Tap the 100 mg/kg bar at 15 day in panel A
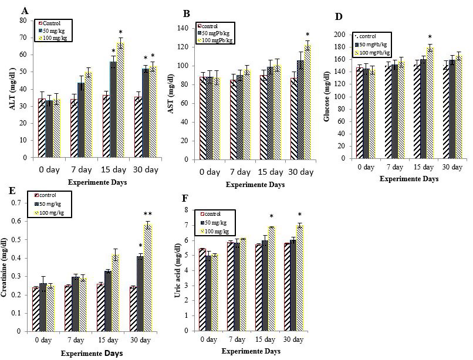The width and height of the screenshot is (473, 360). pyautogui.click(x=121, y=100)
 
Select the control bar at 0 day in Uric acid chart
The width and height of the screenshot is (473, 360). pyautogui.click(x=202, y=290)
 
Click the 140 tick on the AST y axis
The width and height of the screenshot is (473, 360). pyautogui.click(x=186, y=28)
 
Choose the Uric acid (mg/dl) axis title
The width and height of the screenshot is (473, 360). pyautogui.click(x=177, y=270)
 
